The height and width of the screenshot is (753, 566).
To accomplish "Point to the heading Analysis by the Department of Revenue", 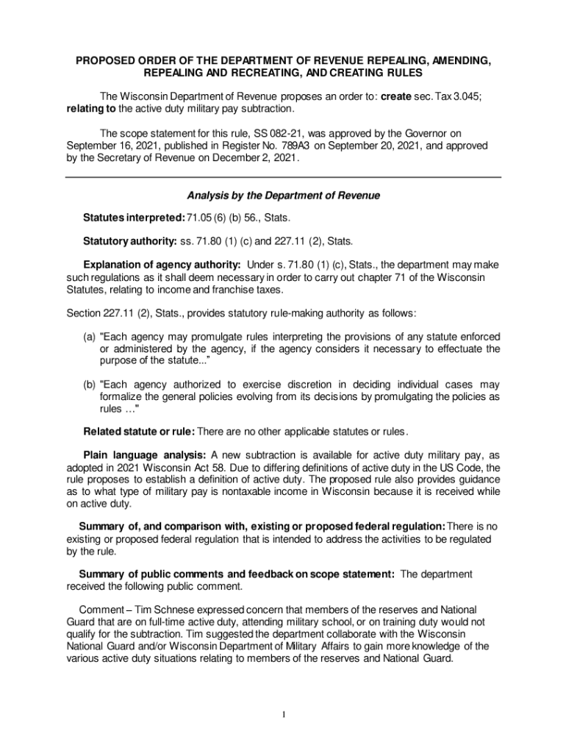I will pyautogui.click(x=283, y=196).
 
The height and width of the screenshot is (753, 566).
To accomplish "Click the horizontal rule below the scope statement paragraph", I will pyautogui.click(x=283, y=177).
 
